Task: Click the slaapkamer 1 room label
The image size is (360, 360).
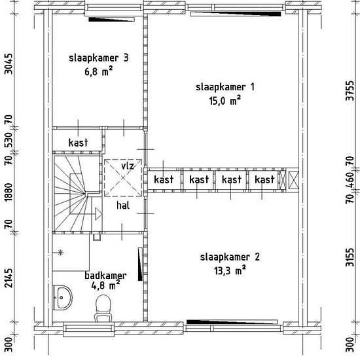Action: click(x=225, y=87)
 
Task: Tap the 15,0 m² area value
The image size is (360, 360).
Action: click(x=225, y=101)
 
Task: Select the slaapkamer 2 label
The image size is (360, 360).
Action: click(x=230, y=257)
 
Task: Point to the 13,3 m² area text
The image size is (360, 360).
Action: click(x=230, y=270)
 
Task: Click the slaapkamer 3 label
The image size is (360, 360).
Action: click(x=99, y=58)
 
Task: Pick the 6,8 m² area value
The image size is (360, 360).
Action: click(x=99, y=71)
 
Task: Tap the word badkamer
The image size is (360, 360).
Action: click(x=105, y=276)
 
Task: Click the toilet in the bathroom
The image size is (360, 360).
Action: click(x=103, y=308)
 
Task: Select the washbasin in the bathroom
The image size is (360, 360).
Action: click(x=62, y=298)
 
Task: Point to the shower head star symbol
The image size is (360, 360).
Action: click(x=60, y=253)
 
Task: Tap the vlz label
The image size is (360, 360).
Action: click(x=128, y=166)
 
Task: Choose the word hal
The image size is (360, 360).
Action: click(x=123, y=206)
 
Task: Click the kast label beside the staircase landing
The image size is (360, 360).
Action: click(x=78, y=142)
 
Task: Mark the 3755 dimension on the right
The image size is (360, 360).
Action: click(x=350, y=90)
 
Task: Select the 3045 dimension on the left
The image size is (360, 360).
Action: click(x=9, y=64)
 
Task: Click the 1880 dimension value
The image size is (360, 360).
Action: click(x=9, y=192)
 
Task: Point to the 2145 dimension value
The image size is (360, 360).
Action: click(x=9, y=278)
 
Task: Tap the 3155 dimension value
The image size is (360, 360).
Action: click(x=350, y=257)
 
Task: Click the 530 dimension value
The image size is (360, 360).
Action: click(x=9, y=139)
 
